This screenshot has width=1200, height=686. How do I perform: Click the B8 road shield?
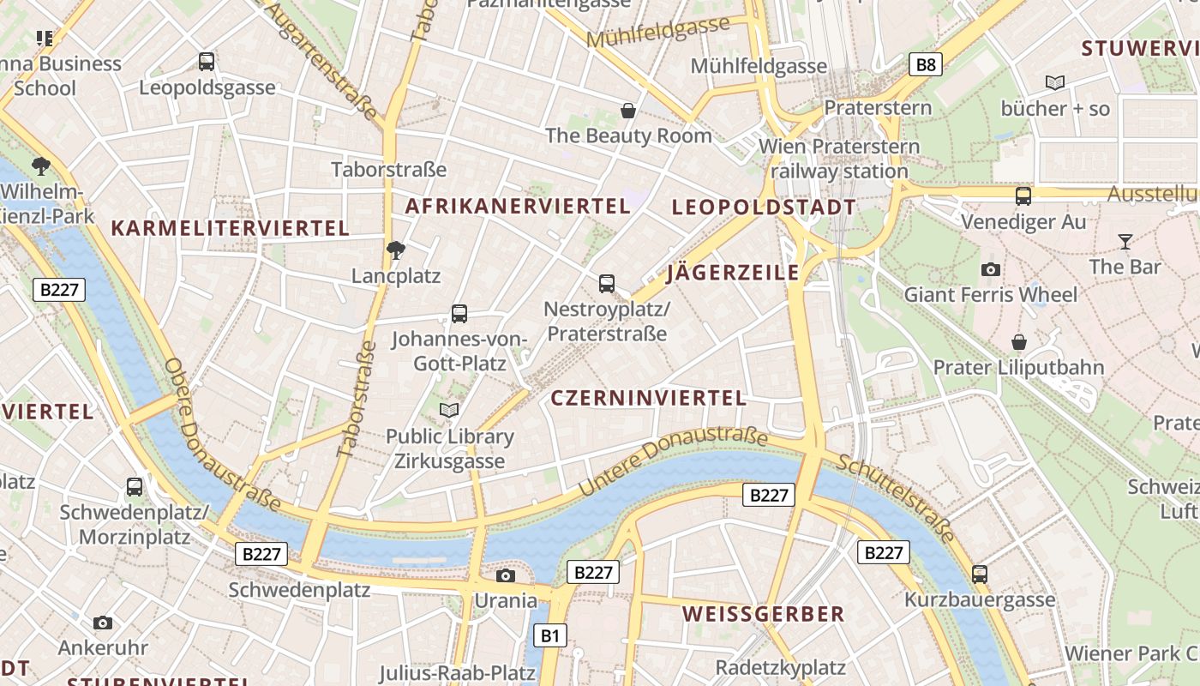coord(926,64)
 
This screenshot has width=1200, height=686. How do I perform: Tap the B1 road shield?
coord(550,635)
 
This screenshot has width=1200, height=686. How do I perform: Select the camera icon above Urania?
coord(506,575)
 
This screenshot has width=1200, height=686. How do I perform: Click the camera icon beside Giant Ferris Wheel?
coord(991,270)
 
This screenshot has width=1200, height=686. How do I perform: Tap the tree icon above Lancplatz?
coord(395,250)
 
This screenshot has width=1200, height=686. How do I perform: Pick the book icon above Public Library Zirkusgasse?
coord(449,411)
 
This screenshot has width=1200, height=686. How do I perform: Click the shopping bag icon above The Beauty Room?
coord(628,111)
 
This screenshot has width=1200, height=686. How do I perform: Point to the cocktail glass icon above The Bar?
coord(1125,242)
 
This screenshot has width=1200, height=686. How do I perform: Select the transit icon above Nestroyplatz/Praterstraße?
coord(607,283)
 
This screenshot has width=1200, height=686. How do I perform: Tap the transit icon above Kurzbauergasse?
coord(980,575)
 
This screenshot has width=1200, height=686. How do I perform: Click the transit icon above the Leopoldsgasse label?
coord(207,62)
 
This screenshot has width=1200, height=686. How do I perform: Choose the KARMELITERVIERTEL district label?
coord(230,228)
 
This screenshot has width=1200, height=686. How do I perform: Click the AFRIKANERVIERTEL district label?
coord(518,206)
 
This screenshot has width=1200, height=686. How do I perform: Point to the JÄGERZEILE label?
coord(733,273)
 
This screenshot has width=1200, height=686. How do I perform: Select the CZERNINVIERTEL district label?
coord(648,398)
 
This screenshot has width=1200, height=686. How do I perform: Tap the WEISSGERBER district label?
coord(764,614)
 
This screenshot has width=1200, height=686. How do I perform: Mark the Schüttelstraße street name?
coord(896,497)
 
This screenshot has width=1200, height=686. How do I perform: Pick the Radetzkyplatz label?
coord(780,667)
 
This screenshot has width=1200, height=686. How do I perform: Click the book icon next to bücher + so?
coord(1055,83)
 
